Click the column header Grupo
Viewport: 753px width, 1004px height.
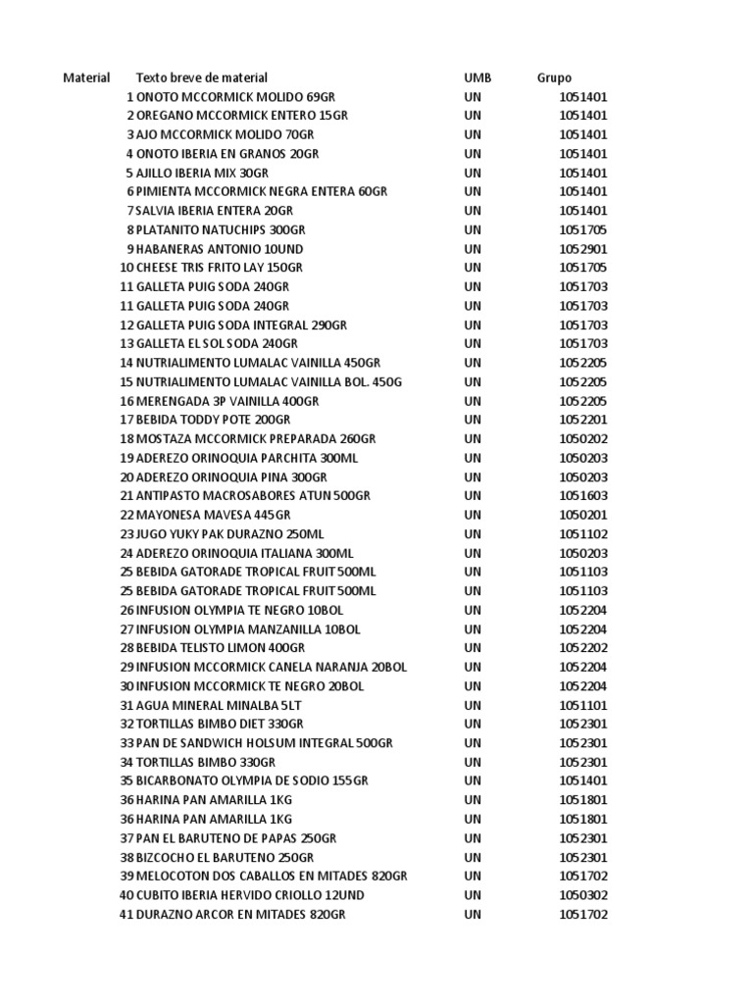554,77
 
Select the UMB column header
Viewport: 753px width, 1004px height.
477,77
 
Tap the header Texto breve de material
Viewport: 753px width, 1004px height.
201,77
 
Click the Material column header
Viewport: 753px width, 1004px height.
86,77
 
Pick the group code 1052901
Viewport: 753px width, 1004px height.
583,249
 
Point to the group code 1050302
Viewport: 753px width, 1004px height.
583,895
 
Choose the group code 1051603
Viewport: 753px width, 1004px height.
583,496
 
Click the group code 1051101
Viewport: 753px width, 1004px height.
583,705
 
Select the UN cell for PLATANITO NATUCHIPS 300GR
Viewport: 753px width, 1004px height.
473,229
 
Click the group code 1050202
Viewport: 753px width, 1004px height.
583,438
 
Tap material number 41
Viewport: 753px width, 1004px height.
125,915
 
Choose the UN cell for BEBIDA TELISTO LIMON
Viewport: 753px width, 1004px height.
473,648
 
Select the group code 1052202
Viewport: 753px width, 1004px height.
583,648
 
